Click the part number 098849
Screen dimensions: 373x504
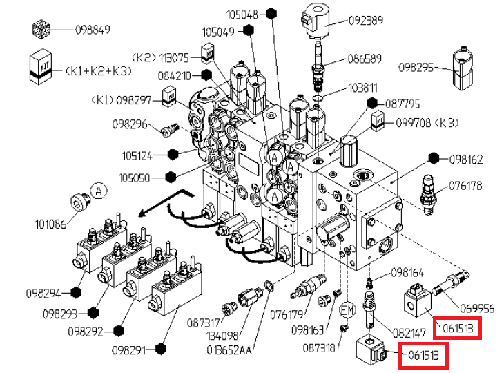93,30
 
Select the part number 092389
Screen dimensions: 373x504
366,20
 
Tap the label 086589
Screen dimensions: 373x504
365,59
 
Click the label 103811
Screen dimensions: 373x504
362,88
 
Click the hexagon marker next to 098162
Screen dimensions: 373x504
434,157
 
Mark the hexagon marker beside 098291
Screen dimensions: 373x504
161,349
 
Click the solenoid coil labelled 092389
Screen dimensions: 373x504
314,19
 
